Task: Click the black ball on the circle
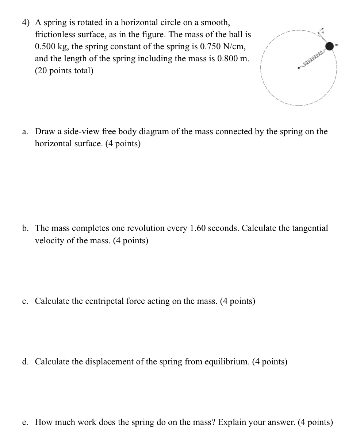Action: pyautogui.click(x=330, y=46)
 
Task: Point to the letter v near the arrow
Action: pyautogui.click(x=322, y=32)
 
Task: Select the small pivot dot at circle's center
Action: pyautogui.click(x=299, y=67)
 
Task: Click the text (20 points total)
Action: pyautogui.click(x=64, y=71)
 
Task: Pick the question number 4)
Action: pyautogui.click(x=26, y=23)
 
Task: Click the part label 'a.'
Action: pyautogui.click(x=25, y=132)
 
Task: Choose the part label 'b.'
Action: pyautogui.click(x=25, y=228)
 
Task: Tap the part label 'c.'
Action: pyautogui.click(x=25, y=301)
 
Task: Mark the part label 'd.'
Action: pyautogui.click(x=25, y=362)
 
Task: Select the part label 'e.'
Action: pyautogui.click(x=25, y=422)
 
